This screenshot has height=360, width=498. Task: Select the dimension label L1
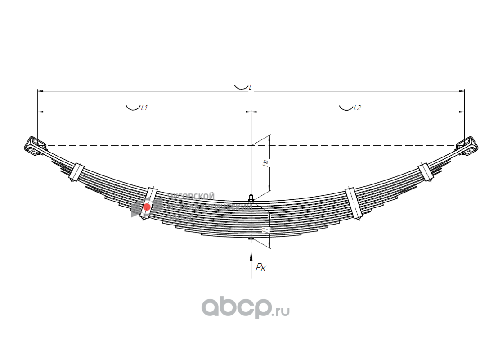coord(144,108)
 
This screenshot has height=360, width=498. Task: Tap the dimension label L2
coord(358,108)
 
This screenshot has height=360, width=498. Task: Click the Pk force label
coord(260,268)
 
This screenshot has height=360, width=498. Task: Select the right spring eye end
coord(467,145)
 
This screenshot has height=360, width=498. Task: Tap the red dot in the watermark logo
coord(147,207)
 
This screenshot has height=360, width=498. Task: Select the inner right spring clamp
coord(354,203)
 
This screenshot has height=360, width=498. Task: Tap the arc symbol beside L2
coord(345,108)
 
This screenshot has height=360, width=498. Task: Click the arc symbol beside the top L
coord(241,86)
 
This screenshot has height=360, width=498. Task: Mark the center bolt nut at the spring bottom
coord(251,238)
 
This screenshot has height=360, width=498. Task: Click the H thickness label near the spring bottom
coord(266,229)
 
